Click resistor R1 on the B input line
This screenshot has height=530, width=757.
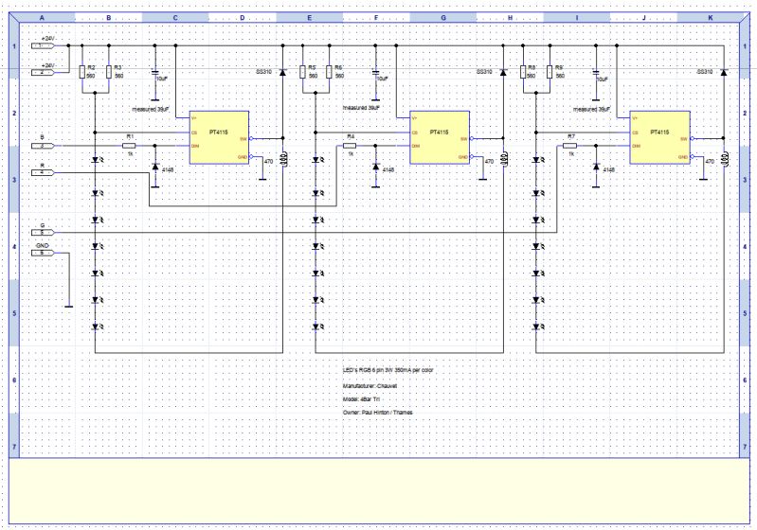click(x=130, y=145)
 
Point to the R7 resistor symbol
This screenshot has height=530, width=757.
click(x=569, y=145)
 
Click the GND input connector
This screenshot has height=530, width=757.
click(x=45, y=253)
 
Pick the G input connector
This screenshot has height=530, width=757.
click(x=45, y=231)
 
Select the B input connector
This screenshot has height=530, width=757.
click(x=45, y=145)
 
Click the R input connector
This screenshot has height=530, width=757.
click(x=45, y=172)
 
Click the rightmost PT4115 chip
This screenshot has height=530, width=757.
click(x=659, y=137)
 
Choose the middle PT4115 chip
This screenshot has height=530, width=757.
click(x=439, y=137)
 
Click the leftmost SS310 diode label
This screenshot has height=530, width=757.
click(x=264, y=72)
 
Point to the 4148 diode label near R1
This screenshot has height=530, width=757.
click(x=169, y=169)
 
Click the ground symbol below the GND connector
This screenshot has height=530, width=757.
click(x=68, y=305)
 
